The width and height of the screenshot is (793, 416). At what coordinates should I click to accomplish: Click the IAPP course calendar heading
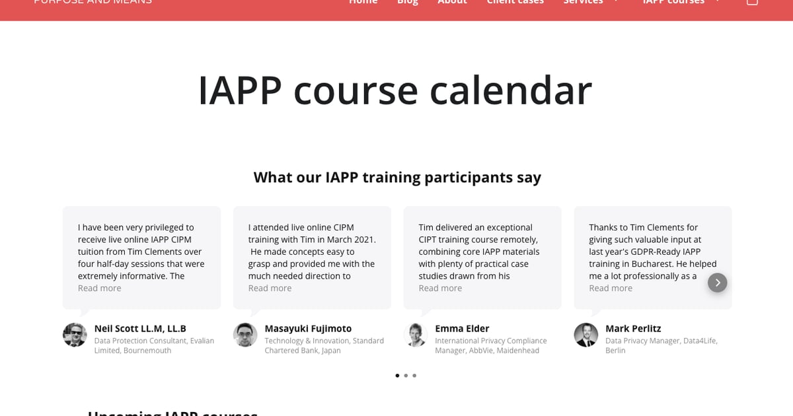(395, 90)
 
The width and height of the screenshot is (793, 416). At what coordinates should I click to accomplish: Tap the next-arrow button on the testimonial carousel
(717, 283)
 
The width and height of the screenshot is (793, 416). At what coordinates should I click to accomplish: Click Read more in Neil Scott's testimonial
(100, 289)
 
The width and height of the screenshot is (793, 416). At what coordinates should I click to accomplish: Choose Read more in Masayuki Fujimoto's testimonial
(270, 289)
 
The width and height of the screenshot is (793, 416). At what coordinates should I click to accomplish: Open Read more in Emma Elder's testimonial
(440, 289)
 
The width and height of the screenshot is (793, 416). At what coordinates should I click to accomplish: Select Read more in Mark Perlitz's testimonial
(611, 289)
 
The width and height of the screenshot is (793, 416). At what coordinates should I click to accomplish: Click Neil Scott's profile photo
(75, 335)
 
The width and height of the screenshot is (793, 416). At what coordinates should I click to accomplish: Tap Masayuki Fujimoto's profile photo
(245, 335)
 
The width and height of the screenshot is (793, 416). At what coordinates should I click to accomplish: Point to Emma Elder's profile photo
(416, 335)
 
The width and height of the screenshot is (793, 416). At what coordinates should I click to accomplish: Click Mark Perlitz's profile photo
(586, 335)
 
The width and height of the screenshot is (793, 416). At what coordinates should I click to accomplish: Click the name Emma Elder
(462, 329)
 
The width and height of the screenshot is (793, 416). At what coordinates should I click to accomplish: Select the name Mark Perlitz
(633, 329)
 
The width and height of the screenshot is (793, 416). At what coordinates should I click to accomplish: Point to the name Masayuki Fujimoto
(308, 329)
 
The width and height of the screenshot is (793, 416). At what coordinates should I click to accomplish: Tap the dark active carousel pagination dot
(397, 376)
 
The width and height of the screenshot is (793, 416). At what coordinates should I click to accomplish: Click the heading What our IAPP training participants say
(397, 178)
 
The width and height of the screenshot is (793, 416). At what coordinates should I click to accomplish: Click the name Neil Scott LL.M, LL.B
(140, 329)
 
